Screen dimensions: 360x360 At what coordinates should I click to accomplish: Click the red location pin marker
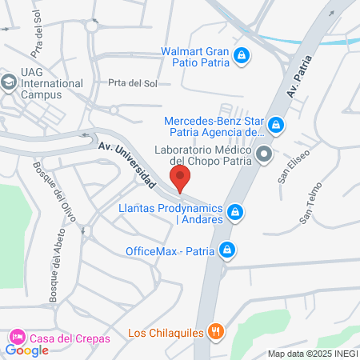point(180,178)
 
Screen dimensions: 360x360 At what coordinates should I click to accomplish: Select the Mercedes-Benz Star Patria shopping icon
point(276,125)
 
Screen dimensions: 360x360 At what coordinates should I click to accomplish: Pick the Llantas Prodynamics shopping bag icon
point(234,212)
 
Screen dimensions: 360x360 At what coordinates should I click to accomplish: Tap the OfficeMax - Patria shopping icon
point(228,250)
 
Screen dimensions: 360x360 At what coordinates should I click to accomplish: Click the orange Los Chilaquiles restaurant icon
point(214,331)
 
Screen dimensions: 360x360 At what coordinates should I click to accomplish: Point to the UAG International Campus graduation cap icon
point(8,82)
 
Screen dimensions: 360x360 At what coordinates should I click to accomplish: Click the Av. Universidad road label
point(127,165)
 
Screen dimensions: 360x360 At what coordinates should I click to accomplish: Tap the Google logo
point(27,350)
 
